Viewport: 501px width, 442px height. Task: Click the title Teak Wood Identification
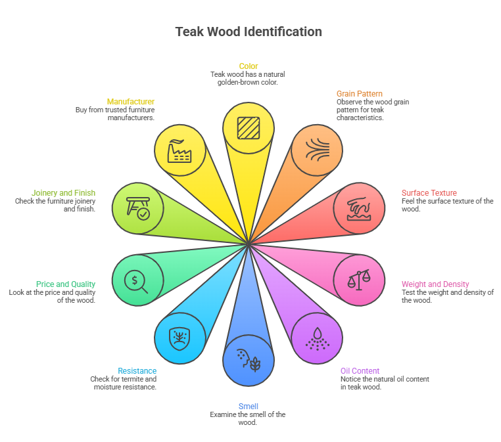click(x=249, y=32)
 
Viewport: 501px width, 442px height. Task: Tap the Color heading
click(x=249, y=66)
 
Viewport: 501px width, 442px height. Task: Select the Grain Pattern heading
click(x=360, y=94)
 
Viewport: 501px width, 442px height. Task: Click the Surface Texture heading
click(x=429, y=193)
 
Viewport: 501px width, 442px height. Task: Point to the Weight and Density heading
click(x=435, y=284)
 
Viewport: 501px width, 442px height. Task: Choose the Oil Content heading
click(x=360, y=371)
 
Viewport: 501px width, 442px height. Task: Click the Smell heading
click(x=249, y=407)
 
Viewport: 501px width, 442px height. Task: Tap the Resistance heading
click(x=137, y=371)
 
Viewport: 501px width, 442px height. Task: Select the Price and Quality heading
click(x=66, y=284)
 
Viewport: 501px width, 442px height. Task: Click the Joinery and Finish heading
click(x=63, y=193)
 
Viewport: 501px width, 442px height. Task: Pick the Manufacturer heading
click(x=131, y=102)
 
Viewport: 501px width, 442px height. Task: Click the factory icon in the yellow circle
click(x=179, y=150)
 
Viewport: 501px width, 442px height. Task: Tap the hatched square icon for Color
click(x=249, y=128)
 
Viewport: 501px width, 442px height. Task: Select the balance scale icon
click(x=359, y=280)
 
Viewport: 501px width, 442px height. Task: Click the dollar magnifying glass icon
click(x=136, y=282)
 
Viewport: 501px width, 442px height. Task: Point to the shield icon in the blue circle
click(x=179, y=338)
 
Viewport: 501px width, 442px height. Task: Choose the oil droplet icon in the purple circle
click(x=317, y=339)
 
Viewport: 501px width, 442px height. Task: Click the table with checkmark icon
click(x=138, y=208)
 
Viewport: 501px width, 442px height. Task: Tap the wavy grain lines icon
click(x=318, y=149)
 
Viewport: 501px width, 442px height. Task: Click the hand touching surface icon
click(x=359, y=209)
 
